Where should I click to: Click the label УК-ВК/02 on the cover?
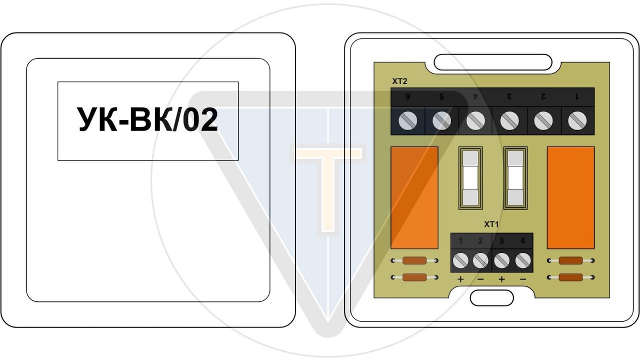pyautogui.click(x=148, y=120)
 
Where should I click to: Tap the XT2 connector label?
pyautogui.click(x=399, y=81)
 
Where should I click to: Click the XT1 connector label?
pyautogui.click(x=491, y=224)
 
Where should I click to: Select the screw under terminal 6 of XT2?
pyautogui.click(x=408, y=121)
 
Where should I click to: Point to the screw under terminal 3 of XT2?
pyautogui.click(x=509, y=121)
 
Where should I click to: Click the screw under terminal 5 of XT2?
pyautogui.click(x=442, y=121)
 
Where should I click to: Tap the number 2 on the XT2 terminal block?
pyautogui.click(x=543, y=97)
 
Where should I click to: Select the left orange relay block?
pyautogui.click(x=415, y=197)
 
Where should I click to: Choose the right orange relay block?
pyautogui.click(x=571, y=197)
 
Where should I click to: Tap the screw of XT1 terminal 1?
pyautogui.click(x=461, y=260)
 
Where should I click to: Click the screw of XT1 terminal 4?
pyautogui.click(x=523, y=260)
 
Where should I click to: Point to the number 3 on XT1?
pyautogui.click(x=502, y=241)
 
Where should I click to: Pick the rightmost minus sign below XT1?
pyautogui.click(x=523, y=279)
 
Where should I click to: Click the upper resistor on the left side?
pyautogui.click(x=414, y=261)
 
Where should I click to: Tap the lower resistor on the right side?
pyautogui.click(x=571, y=277)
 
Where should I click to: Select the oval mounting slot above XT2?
pyautogui.click(x=493, y=62)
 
